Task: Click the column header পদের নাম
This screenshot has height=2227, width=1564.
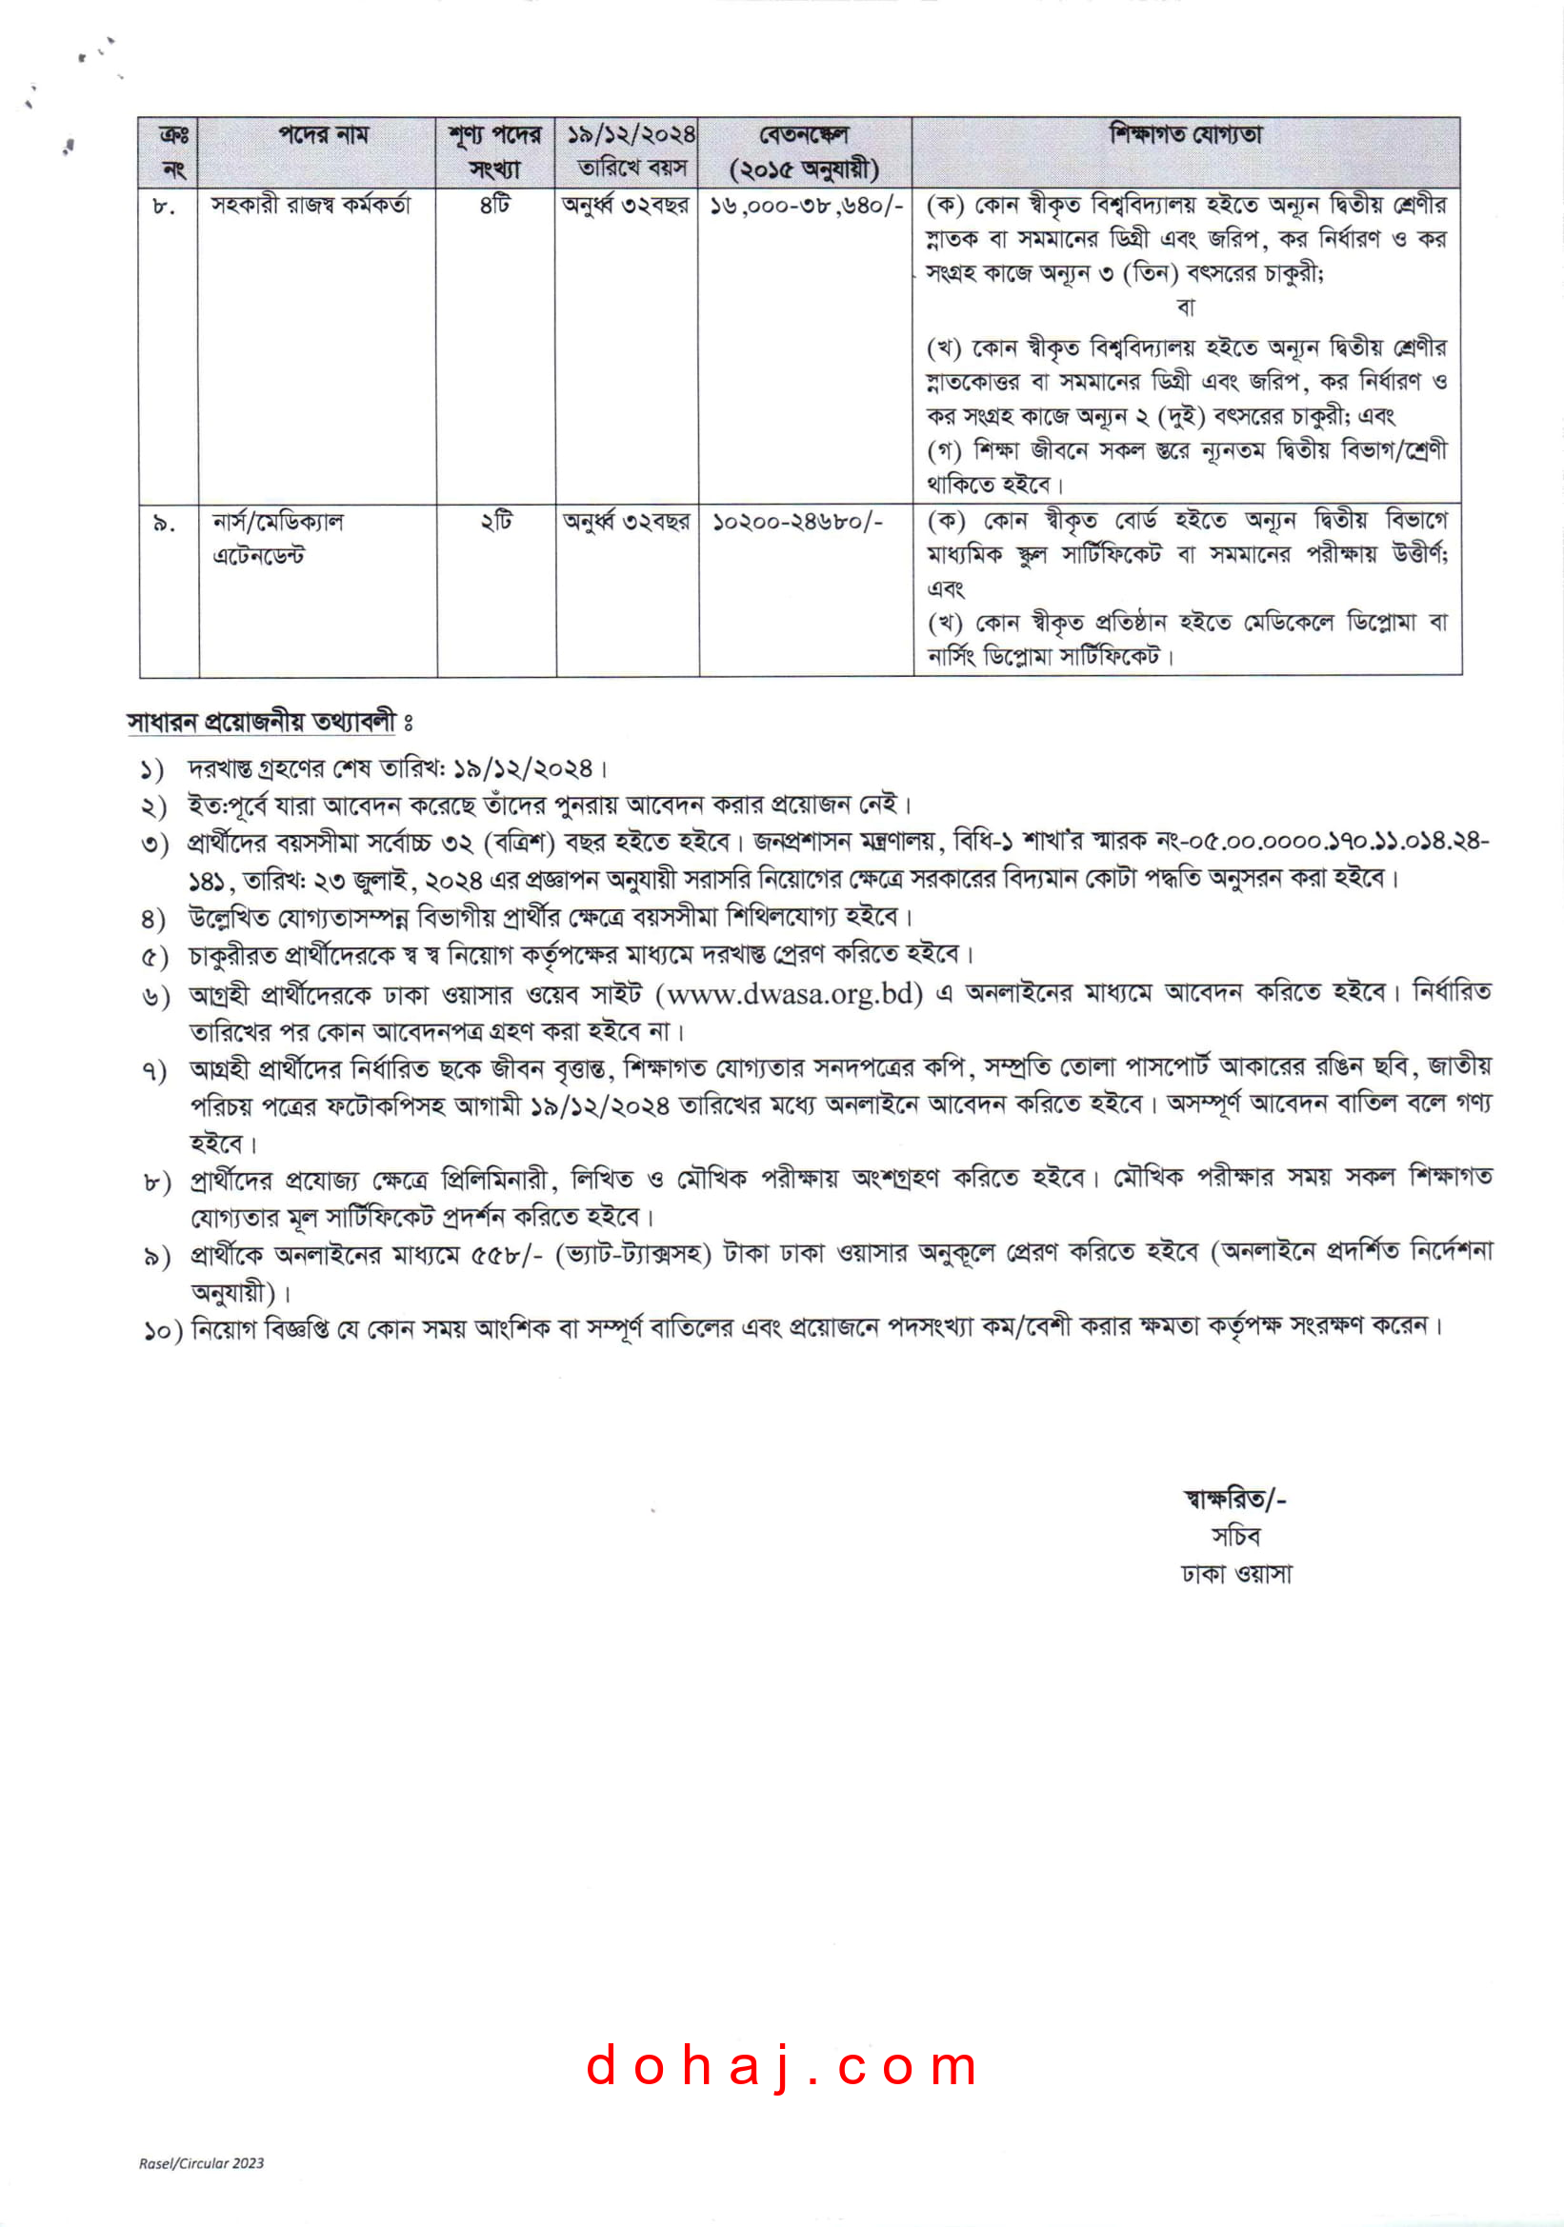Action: pos(323,135)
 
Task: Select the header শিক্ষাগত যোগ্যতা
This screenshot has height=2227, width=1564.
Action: pos(1186,135)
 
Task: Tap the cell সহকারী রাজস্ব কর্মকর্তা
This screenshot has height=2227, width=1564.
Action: pos(311,206)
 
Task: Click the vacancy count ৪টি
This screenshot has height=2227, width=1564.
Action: pos(494,206)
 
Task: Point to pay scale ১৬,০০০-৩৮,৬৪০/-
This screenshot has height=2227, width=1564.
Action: pos(805,206)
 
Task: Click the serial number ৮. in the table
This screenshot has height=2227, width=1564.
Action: pos(164,207)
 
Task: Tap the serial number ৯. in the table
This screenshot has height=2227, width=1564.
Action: pos(164,524)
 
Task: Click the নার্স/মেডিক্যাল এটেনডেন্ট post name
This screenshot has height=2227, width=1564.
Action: pos(277,538)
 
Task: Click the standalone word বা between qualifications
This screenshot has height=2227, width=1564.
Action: pos(1186,308)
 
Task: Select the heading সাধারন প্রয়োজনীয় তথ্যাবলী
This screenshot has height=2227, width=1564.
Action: pos(262,722)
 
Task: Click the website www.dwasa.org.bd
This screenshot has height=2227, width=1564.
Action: pos(790,994)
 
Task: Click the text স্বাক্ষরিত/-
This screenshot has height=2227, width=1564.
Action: pos(1234,1499)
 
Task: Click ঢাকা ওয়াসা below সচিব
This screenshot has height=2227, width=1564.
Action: pos(1236,1573)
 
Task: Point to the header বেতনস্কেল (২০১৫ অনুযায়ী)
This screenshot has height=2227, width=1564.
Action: pos(804,152)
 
